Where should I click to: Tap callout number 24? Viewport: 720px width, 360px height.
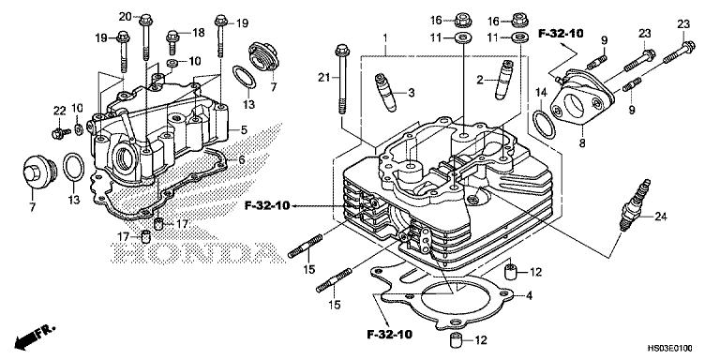(x=660, y=217)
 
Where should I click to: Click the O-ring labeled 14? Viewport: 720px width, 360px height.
(x=542, y=122)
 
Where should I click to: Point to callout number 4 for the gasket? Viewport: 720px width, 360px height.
(x=530, y=296)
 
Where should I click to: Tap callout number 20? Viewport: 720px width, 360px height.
(x=125, y=17)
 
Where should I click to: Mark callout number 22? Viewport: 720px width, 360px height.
(x=58, y=111)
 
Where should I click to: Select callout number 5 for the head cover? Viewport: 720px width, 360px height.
(x=243, y=129)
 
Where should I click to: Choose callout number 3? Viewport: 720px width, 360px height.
(x=411, y=92)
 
